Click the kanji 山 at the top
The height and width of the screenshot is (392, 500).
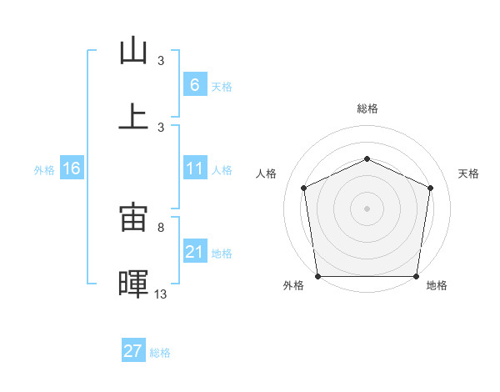[133, 50]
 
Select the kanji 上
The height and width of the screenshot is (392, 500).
[133, 116]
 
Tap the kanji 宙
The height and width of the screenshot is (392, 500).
[133, 218]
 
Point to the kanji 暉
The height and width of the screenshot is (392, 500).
[133, 283]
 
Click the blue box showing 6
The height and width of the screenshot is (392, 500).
[194, 85]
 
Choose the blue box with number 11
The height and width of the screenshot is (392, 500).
[194, 169]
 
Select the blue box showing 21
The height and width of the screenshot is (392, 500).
[194, 252]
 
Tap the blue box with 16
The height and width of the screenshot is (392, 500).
[72, 169]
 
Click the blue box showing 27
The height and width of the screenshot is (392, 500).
[133, 351]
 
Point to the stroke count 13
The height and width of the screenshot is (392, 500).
[161, 294]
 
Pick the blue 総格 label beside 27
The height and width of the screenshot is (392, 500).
[160, 353]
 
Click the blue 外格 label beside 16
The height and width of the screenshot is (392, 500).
[44, 170]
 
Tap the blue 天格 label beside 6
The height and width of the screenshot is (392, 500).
[221, 86]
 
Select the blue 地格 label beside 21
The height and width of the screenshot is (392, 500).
[222, 253]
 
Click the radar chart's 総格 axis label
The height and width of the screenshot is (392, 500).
[367, 108]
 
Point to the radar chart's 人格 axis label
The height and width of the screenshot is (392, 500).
[267, 173]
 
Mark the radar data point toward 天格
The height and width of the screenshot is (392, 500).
[430, 188]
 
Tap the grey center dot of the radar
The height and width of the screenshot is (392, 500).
[367, 208]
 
